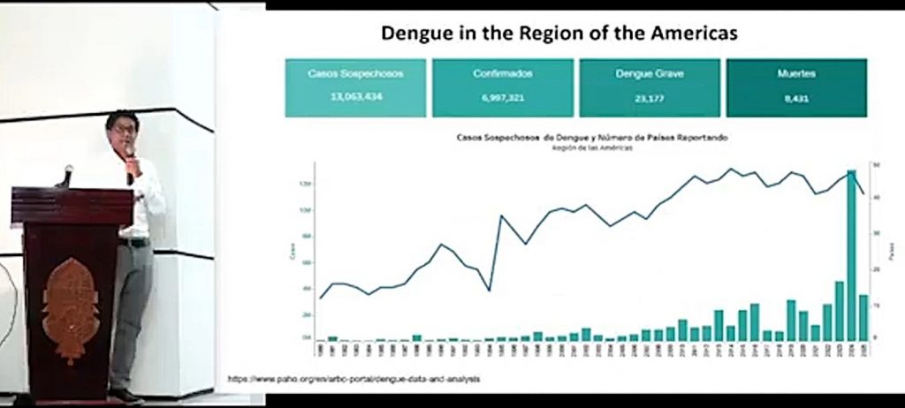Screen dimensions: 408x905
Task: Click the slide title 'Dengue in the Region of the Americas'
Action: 559,34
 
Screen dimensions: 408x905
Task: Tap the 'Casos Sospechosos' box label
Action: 355,74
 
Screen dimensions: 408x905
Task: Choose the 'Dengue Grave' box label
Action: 650,74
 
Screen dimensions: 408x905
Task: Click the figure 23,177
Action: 650,96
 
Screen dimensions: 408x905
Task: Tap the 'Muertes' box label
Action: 796,74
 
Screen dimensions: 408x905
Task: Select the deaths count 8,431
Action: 796,96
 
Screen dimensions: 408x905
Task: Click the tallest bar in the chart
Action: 851,256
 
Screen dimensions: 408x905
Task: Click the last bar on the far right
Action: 863,318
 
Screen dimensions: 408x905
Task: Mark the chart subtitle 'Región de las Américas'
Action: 582,148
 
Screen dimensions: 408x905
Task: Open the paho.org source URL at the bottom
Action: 354,379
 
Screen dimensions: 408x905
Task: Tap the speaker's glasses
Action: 124,130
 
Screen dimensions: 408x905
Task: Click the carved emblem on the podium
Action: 70,309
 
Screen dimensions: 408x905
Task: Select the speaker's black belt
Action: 135,242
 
